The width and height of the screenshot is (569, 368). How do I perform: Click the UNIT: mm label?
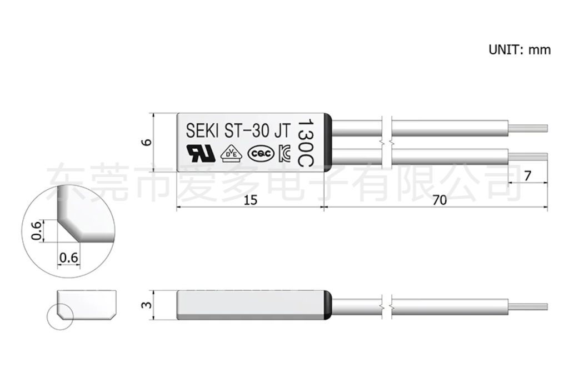click(520, 49)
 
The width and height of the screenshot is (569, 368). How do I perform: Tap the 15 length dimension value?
click(251, 200)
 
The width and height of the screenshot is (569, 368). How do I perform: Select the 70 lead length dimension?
click(440, 200)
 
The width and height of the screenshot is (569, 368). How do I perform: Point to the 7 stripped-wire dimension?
click(528, 176)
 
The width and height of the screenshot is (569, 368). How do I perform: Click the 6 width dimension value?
click(146, 142)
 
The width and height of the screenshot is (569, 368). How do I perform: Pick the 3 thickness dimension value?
click(146, 305)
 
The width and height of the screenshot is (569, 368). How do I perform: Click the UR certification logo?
click(201, 153)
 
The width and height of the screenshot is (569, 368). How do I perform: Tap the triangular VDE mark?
click(232, 154)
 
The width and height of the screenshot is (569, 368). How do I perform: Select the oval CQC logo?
click(261, 154)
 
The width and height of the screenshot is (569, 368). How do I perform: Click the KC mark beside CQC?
click(284, 154)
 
